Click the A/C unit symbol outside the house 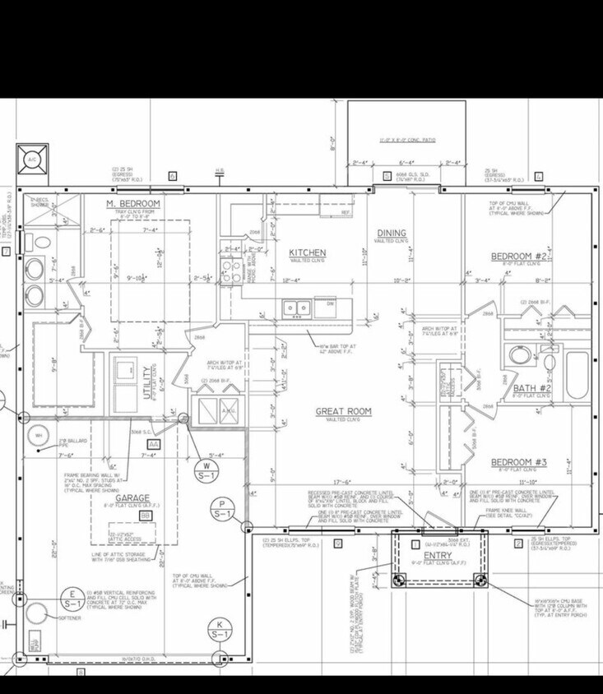click(x=31, y=159)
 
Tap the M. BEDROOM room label click(x=132, y=203)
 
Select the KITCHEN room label click(x=307, y=252)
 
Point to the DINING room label click(x=392, y=234)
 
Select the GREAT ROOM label click(x=343, y=411)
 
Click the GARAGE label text click(x=132, y=499)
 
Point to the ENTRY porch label click(x=438, y=556)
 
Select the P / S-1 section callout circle click(x=222, y=510)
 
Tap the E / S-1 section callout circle click(x=72, y=599)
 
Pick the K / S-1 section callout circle click(x=220, y=629)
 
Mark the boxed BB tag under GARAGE click(x=145, y=515)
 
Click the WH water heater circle click(x=36, y=435)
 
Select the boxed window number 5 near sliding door click(x=386, y=176)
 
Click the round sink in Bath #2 click(x=519, y=356)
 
